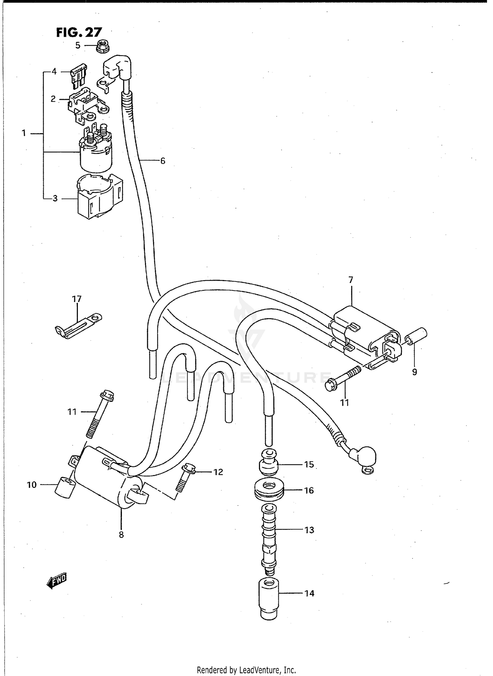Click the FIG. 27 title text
click(79, 33)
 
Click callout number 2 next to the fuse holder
click(53, 99)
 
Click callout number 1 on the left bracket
click(24, 133)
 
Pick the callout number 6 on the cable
click(162, 161)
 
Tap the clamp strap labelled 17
click(78, 326)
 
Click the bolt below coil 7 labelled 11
click(343, 379)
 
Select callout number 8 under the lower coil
click(121, 534)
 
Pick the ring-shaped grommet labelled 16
click(269, 490)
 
